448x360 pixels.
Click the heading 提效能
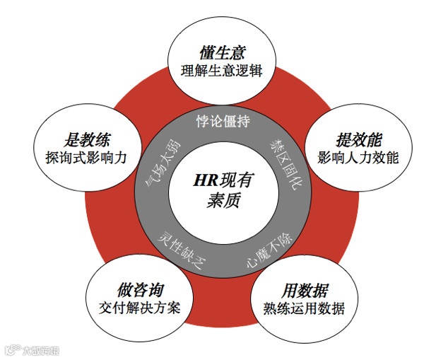(358, 139)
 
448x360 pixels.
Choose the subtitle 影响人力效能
(358, 157)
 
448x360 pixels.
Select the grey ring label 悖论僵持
(223, 121)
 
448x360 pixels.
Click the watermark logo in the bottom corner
(12, 349)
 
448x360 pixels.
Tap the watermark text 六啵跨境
(41, 349)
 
